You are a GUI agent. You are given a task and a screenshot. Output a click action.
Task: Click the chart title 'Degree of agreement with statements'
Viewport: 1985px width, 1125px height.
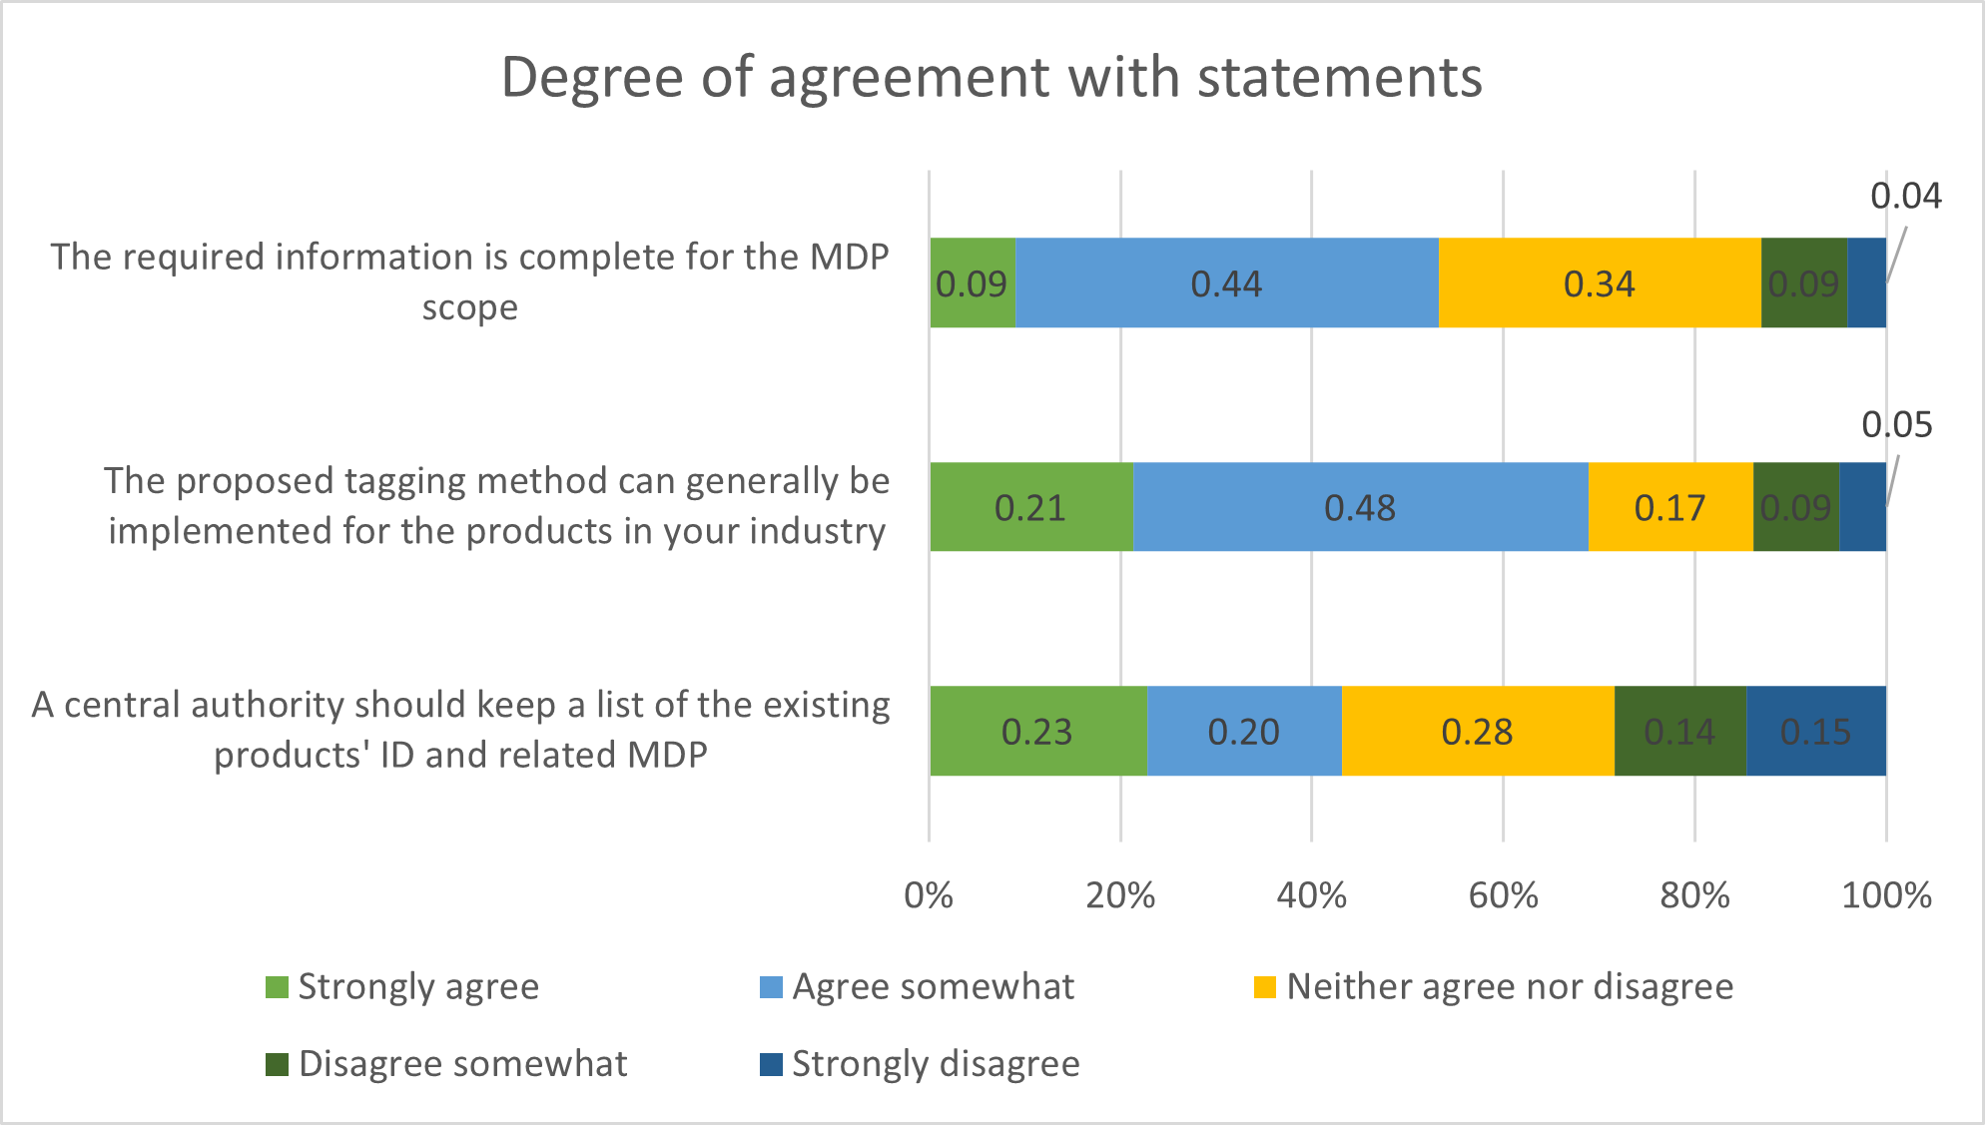[x=992, y=77]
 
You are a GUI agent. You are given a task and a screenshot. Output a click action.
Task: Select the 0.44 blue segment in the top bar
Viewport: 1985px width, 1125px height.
[x=1226, y=283]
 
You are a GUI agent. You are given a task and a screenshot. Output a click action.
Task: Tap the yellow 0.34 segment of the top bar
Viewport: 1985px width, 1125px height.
[x=1599, y=283]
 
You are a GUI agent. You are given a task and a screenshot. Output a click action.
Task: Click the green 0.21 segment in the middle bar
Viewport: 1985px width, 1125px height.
[x=1030, y=507]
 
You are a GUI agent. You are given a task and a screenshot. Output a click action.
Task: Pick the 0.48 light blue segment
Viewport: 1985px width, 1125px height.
[x=1359, y=507]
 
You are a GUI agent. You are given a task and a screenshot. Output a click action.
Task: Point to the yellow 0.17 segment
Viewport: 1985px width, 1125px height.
[x=1669, y=507]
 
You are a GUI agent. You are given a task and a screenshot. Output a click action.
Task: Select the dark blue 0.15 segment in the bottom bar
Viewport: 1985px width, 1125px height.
[x=1815, y=732]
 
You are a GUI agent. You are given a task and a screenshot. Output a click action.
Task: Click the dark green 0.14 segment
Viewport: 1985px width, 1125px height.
[x=1679, y=732]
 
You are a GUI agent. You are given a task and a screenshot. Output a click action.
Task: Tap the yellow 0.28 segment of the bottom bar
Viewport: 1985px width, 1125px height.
[x=1477, y=732]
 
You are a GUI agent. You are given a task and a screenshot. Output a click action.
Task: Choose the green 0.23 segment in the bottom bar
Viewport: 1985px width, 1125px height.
[x=1037, y=732]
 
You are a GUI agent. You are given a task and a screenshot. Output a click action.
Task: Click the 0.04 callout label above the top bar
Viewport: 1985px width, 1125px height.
[x=1905, y=197]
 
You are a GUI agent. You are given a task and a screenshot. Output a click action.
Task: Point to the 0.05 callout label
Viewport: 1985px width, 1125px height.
[x=1897, y=425]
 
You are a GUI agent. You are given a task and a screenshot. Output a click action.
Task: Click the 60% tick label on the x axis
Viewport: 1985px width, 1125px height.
[x=1503, y=895]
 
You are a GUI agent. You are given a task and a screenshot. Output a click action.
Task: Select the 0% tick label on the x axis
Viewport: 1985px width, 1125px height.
[x=929, y=895]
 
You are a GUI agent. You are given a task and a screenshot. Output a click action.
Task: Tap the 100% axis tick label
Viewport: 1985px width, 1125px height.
[x=1886, y=895]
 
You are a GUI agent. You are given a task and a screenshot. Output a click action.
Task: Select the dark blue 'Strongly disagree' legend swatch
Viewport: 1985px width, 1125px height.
[x=771, y=1064]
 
